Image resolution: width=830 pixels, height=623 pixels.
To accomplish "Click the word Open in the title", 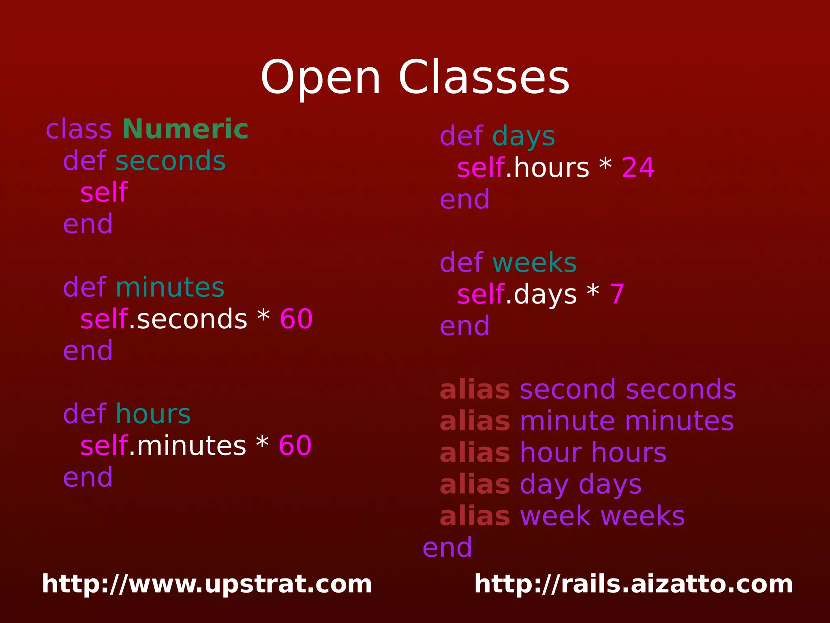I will [x=320, y=78].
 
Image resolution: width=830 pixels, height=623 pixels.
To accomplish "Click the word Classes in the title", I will [x=484, y=77].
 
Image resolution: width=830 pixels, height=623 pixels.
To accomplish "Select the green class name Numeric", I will [x=185, y=129].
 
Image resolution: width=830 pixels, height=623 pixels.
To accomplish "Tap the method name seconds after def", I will [x=170, y=161].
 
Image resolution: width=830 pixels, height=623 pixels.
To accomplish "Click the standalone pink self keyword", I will [x=104, y=192].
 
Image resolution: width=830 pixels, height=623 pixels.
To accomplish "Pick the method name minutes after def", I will [x=170, y=287].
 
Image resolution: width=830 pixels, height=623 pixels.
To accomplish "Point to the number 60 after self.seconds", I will [x=296, y=319].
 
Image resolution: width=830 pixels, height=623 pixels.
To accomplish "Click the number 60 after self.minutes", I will [x=295, y=445].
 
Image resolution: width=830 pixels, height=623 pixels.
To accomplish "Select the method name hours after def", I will [x=153, y=414].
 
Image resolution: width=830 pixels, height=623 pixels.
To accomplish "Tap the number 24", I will [x=638, y=167].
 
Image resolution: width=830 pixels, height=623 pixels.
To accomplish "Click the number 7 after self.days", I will [x=617, y=294].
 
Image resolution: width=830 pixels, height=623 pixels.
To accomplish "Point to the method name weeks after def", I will [x=535, y=263].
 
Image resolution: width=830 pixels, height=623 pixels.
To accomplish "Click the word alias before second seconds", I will [x=475, y=390].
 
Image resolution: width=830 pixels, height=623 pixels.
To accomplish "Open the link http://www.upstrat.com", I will [x=207, y=584].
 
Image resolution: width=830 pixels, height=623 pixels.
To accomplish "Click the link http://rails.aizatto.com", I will [x=633, y=584].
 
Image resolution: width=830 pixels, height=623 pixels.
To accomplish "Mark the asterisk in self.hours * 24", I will [x=605, y=165].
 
